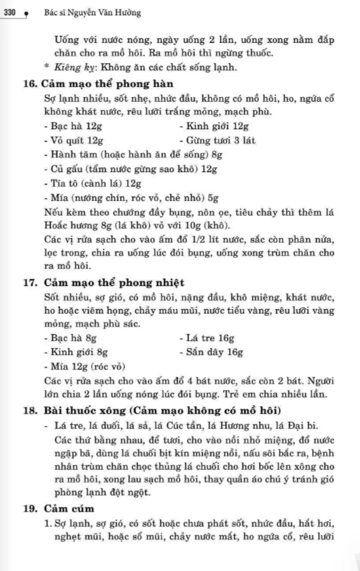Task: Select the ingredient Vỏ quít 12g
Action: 73,141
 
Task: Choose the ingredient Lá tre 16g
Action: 207,338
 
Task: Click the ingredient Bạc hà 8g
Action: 70,338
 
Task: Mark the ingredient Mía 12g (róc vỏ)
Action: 85,367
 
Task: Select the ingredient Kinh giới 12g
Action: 214,127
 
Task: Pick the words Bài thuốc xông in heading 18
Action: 89,410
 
